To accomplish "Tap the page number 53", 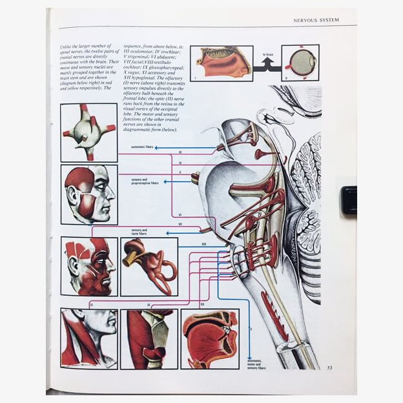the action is (x=329, y=368).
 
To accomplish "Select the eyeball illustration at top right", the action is (x=300, y=63).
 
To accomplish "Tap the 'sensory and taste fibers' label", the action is (x=140, y=231).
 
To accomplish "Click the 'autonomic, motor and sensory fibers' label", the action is (x=257, y=364).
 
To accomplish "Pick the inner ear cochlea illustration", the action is (x=149, y=266).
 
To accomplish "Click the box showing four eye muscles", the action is (x=88, y=132).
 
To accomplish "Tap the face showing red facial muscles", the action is (x=88, y=266).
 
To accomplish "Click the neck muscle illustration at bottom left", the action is (x=88, y=338).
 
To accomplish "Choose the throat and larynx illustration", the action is (x=149, y=338).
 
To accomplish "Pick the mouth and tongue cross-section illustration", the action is (x=209, y=338).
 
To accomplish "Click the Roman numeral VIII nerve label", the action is (x=203, y=244).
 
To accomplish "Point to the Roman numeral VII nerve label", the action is (x=180, y=224).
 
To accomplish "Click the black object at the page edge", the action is (x=349, y=200).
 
